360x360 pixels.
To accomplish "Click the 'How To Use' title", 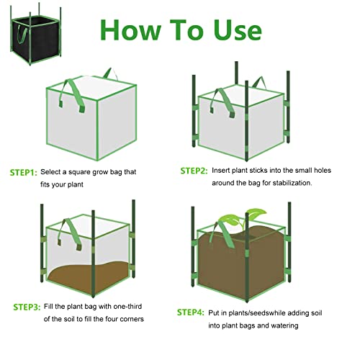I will (x=180, y=30).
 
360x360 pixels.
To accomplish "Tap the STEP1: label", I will (x=23, y=173).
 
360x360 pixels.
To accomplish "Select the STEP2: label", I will (x=194, y=171).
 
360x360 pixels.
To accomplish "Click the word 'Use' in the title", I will (x=228, y=30).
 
